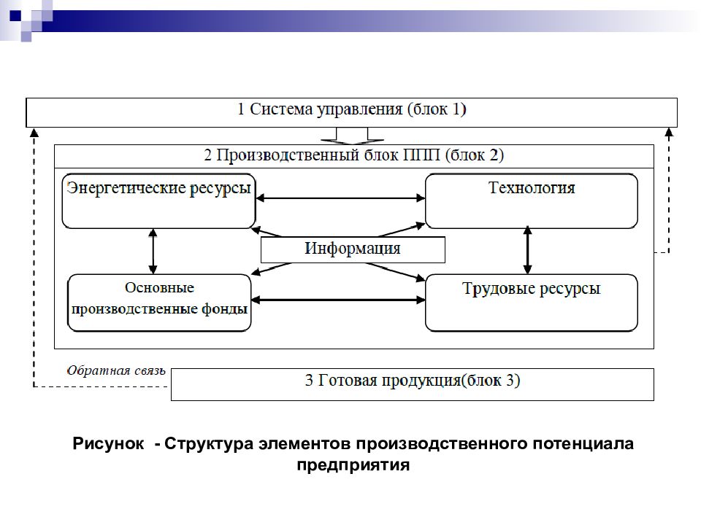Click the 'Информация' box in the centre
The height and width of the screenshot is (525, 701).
[353, 249]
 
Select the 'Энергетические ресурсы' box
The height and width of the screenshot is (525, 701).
[158, 201]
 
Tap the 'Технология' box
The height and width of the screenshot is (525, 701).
[531, 201]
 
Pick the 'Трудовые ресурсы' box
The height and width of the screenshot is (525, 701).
[531, 303]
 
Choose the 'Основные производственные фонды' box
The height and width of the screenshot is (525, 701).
[159, 303]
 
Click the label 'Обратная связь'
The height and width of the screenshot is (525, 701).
[116, 370]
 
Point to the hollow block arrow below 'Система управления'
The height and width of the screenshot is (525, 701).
[352, 136]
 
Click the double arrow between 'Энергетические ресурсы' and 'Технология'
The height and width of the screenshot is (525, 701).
[340, 198]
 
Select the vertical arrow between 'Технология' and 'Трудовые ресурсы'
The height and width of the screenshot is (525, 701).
[527, 250]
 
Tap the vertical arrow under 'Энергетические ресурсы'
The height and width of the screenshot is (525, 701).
[153, 252]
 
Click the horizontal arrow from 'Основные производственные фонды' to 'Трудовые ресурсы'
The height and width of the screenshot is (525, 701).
[338, 300]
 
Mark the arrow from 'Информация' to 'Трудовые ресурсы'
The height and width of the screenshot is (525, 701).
[395, 272]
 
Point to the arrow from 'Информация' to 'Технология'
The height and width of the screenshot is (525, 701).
[402, 230]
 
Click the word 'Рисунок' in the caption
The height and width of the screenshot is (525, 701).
[108, 444]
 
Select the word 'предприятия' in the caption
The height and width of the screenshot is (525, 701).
[353, 465]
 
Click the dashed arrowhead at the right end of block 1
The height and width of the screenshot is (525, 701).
[669, 132]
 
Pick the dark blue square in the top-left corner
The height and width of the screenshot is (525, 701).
[15, 15]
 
